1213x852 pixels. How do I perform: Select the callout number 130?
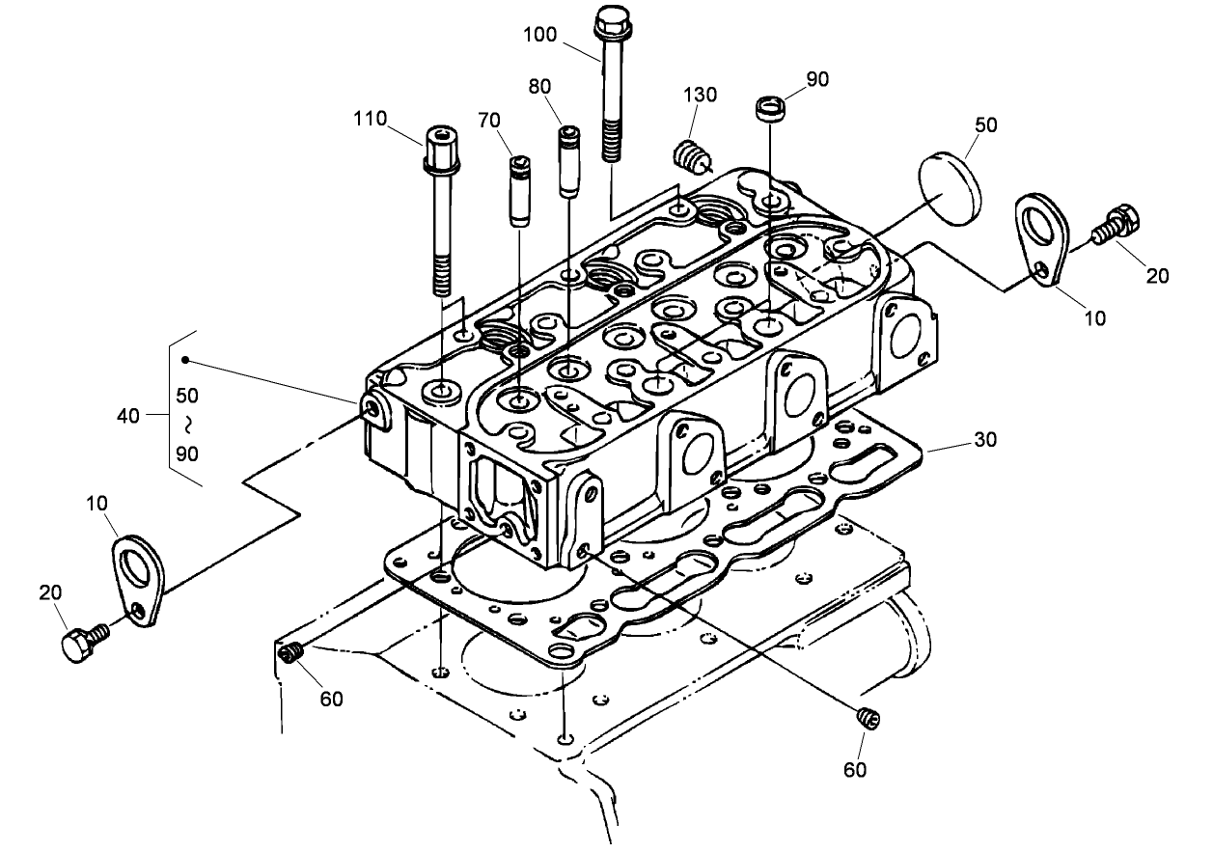[x=701, y=95]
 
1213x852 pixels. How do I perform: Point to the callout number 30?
[x=984, y=440]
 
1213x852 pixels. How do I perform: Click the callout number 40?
[x=128, y=417]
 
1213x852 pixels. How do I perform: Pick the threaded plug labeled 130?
[x=689, y=154]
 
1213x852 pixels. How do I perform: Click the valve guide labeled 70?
[x=521, y=188]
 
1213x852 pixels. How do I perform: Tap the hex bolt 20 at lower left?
[x=81, y=643]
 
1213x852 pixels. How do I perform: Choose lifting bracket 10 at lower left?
[x=137, y=579]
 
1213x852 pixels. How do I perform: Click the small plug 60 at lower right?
[x=867, y=717]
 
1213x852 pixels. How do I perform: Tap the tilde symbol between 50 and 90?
[x=188, y=424]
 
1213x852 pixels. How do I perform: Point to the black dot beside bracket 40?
[x=186, y=361]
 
